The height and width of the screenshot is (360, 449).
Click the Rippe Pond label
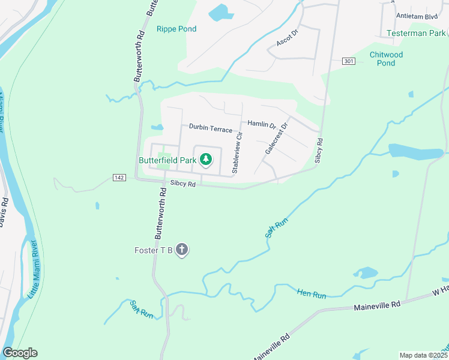coord(176,29)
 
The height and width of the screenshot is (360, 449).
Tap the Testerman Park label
coord(416,33)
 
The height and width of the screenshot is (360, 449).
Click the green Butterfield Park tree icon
coord(206,159)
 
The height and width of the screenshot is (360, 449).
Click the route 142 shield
coord(118,178)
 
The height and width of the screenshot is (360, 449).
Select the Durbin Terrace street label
coord(210,128)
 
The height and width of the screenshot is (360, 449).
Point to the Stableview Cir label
coord(237,154)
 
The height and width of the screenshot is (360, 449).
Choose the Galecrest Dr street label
coord(276,139)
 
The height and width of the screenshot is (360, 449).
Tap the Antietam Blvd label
coord(417,16)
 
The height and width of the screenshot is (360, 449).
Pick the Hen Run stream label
coord(311,294)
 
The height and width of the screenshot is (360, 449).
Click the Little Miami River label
coord(31,271)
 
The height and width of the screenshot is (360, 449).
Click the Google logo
coord(20,353)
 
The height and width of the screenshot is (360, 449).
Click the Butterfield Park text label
coord(169,160)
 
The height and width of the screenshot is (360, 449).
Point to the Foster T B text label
coord(154,250)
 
